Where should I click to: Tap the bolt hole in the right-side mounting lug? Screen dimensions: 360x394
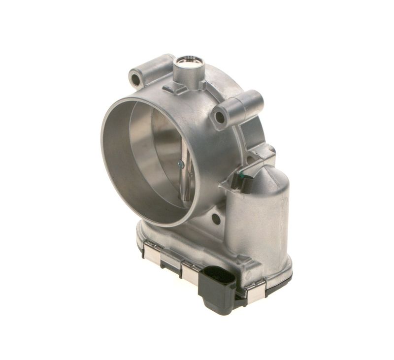point(220,117)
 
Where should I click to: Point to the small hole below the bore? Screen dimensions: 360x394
point(215,219)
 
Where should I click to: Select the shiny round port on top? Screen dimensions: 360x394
point(189,62)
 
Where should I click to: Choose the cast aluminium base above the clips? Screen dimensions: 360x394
point(197,246)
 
